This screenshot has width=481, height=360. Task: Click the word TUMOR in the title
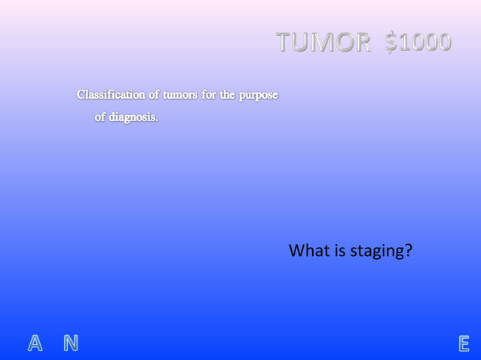(323, 43)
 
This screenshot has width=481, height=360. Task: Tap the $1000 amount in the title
(418, 43)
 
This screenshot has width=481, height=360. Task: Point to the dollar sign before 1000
(391, 43)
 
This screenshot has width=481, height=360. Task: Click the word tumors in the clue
(176, 96)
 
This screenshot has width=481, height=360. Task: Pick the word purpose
(259, 96)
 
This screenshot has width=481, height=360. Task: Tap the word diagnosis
(134, 117)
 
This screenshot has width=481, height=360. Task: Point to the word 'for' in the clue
(209, 96)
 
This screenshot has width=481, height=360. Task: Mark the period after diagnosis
(158, 121)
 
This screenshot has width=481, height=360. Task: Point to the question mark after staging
(408, 250)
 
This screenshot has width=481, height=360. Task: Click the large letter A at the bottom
(35, 344)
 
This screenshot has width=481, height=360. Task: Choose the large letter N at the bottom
(70, 344)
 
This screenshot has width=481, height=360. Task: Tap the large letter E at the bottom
(464, 344)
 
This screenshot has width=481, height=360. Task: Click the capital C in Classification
(81, 96)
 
